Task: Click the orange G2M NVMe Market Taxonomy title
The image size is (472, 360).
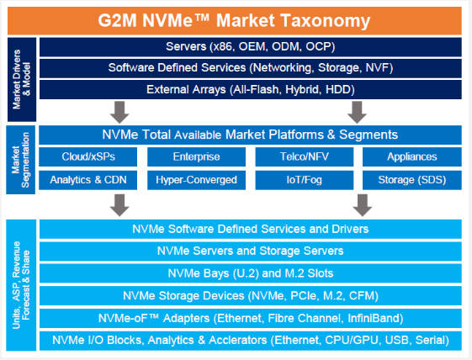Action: (x=235, y=21)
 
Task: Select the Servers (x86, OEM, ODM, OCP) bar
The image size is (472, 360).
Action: (x=251, y=47)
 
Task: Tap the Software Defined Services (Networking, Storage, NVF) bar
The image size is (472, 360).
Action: (x=251, y=68)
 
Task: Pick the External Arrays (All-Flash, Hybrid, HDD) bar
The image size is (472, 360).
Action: (x=251, y=89)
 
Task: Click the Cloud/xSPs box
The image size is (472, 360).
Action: (x=88, y=156)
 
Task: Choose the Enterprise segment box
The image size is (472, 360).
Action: (x=196, y=156)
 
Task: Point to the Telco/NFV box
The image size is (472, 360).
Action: (x=305, y=156)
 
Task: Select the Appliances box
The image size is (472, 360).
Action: (x=412, y=156)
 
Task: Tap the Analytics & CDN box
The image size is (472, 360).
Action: (x=88, y=180)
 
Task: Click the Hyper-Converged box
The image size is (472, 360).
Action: (x=196, y=180)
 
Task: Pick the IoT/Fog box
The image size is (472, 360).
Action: (x=305, y=180)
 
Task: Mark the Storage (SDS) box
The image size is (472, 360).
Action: (x=412, y=180)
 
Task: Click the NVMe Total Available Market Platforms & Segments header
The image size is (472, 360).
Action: (x=250, y=135)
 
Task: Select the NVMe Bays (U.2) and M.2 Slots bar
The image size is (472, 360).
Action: (x=251, y=273)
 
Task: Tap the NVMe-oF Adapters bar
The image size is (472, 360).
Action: (x=251, y=318)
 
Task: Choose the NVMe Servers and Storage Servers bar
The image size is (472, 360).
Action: (x=251, y=251)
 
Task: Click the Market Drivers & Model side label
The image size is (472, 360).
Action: (x=22, y=79)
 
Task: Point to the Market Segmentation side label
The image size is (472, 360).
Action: (x=21, y=160)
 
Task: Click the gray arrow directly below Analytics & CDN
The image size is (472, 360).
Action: (x=119, y=205)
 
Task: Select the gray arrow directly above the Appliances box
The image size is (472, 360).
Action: (x=357, y=112)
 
